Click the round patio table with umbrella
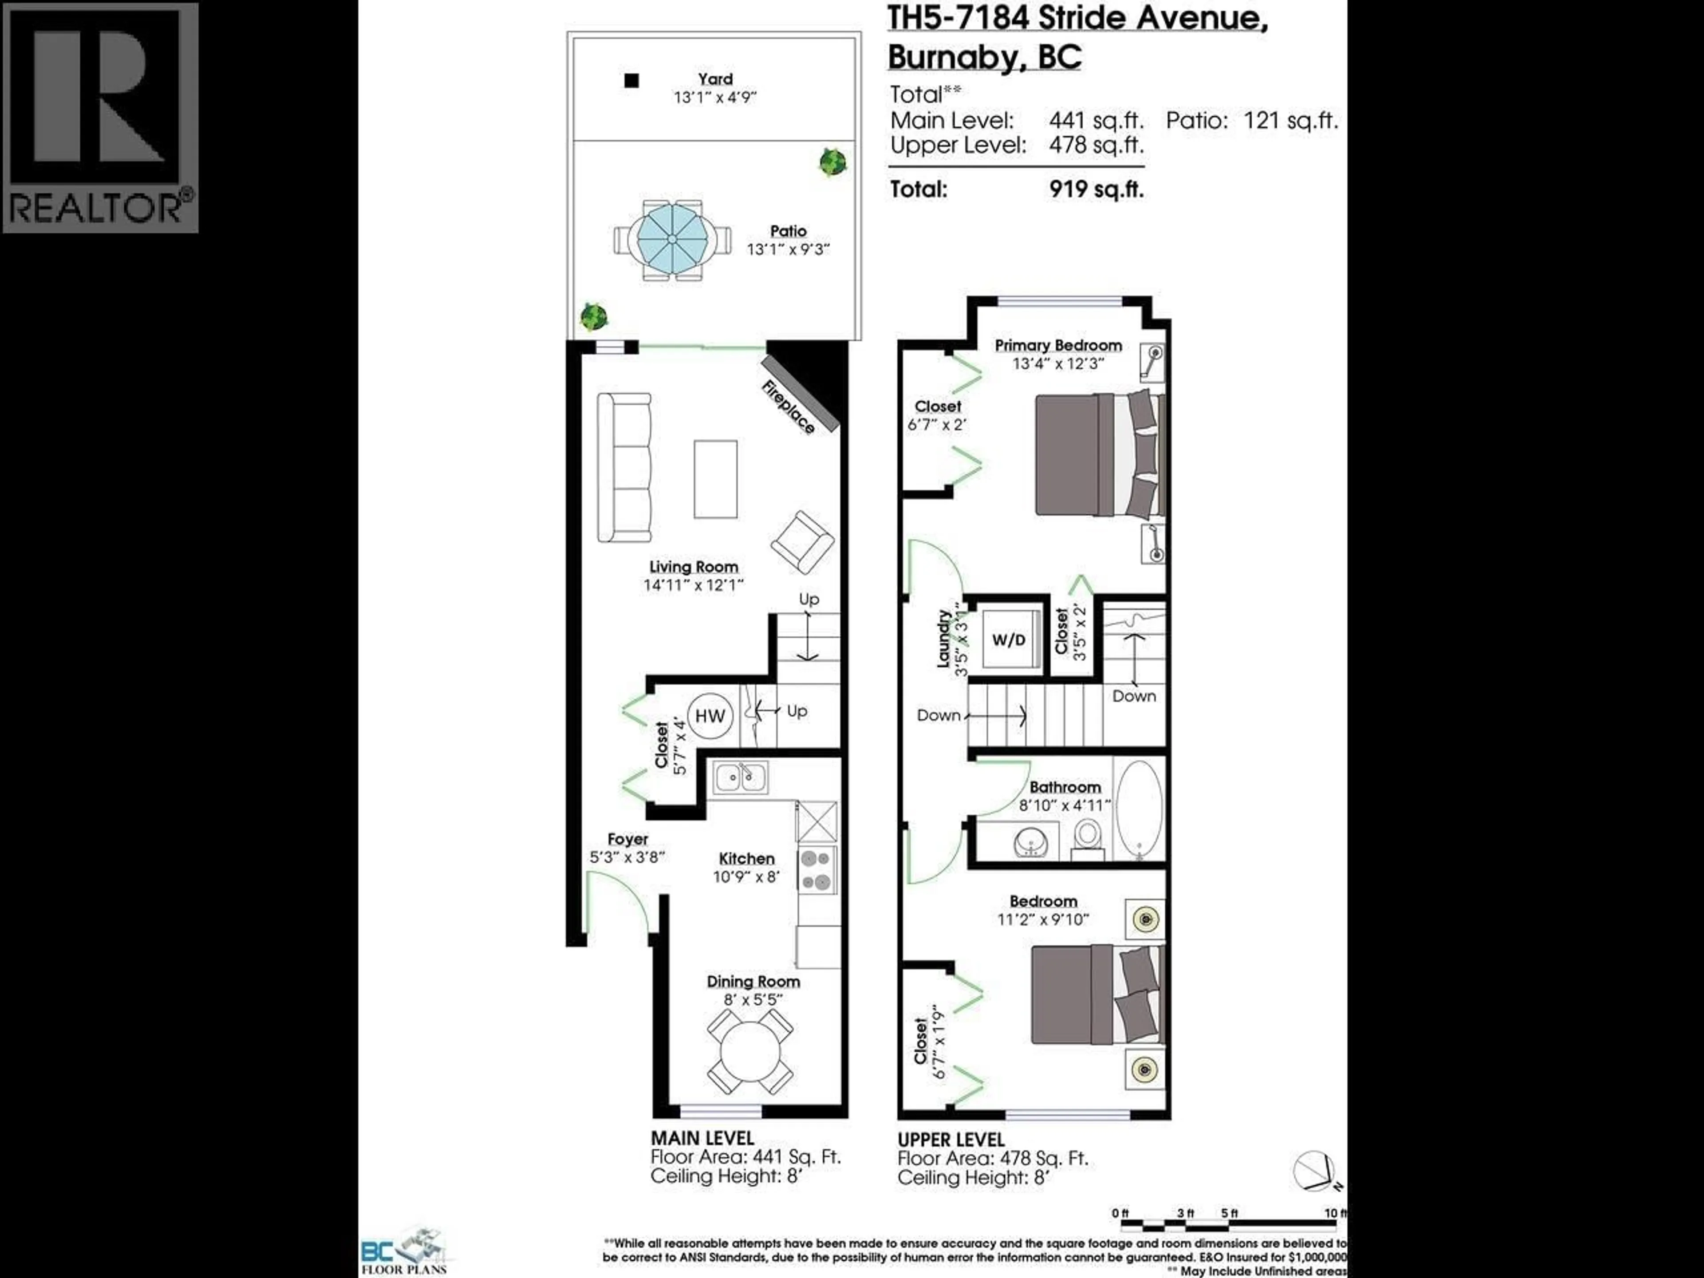(672, 240)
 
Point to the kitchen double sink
(740, 778)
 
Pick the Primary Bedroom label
(1058, 345)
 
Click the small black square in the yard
(632, 80)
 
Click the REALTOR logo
(100, 117)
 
